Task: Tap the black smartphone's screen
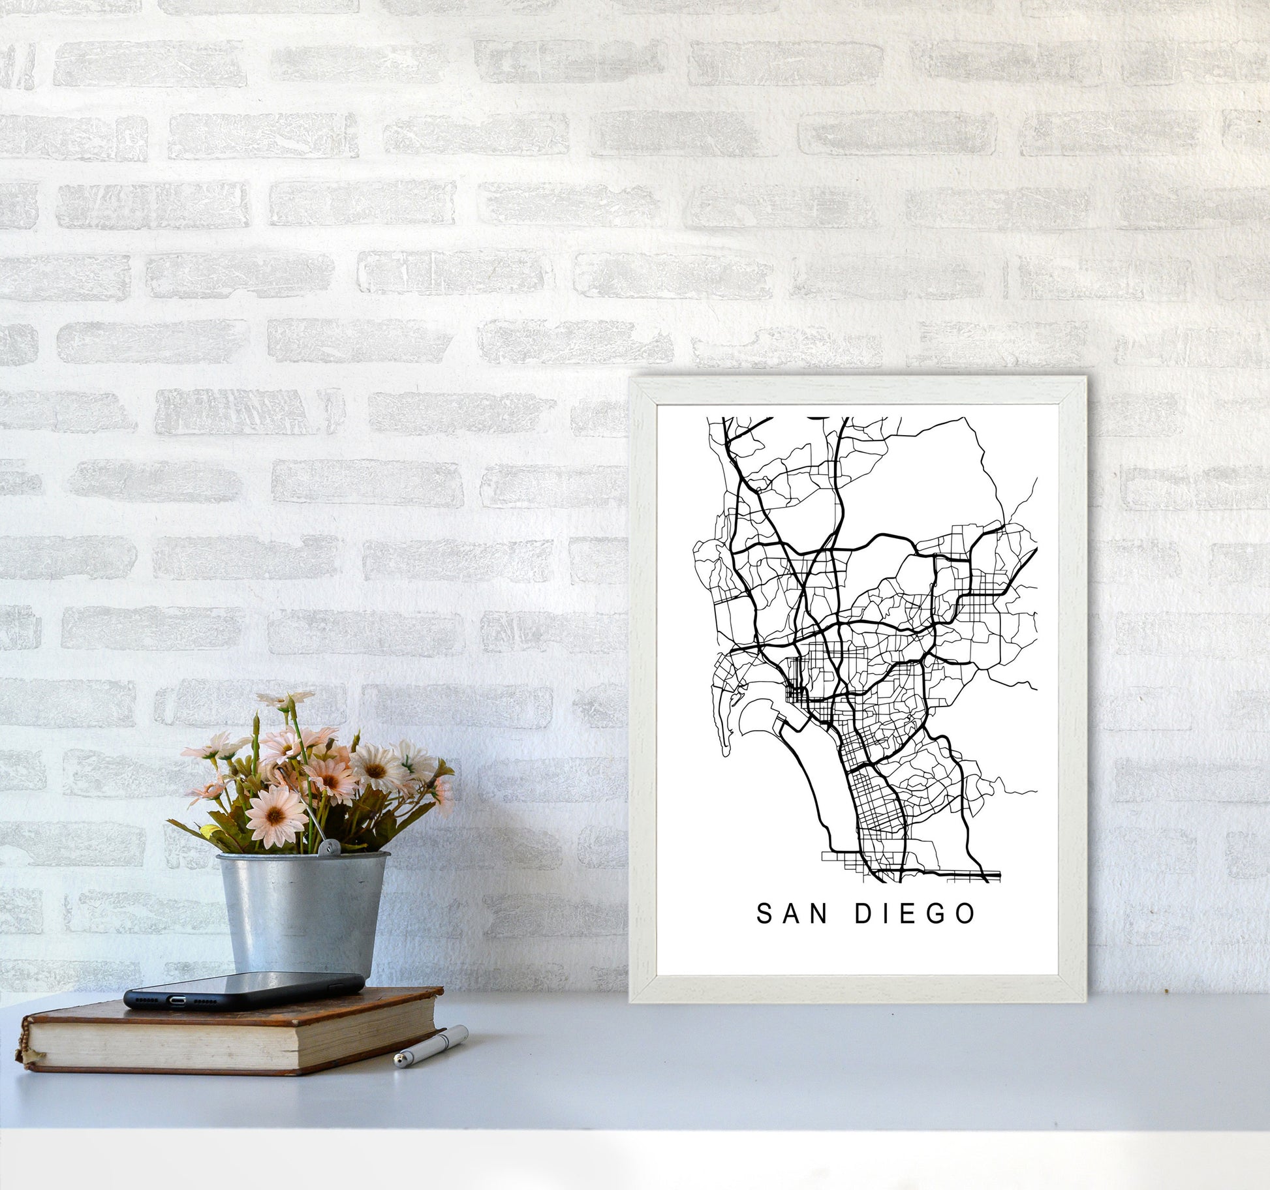click(248, 984)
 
